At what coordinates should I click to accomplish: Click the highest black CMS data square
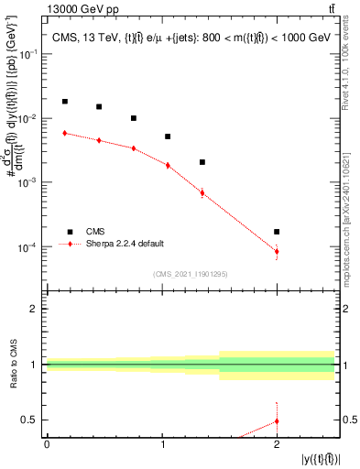click(x=64, y=102)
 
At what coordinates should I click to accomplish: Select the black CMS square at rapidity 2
click(x=277, y=232)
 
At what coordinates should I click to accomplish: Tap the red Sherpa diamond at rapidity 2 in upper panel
click(x=277, y=251)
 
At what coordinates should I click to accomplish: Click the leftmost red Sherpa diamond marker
click(x=64, y=133)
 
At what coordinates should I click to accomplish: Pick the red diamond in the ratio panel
click(x=277, y=421)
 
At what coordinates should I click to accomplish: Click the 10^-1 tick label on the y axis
click(x=30, y=55)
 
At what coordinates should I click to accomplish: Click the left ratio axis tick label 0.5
click(x=31, y=420)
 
